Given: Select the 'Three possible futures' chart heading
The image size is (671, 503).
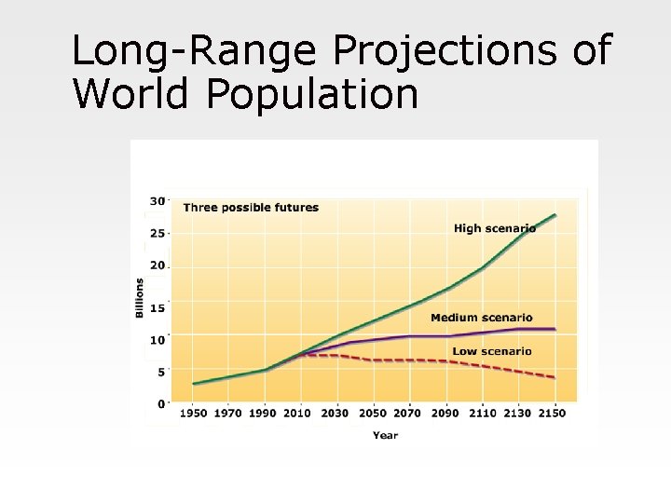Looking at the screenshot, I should point(251,208).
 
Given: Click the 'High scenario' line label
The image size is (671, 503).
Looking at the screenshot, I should point(494,228).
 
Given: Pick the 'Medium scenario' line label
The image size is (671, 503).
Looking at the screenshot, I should point(482,318).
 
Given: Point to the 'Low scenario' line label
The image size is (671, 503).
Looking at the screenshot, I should point(492,351).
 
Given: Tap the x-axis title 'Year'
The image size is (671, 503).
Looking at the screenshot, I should point(385,435).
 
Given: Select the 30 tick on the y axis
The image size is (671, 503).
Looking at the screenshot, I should point(157,200).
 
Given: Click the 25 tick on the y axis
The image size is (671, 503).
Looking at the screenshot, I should point(157,233).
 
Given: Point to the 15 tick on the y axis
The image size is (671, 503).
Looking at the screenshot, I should point(157,308).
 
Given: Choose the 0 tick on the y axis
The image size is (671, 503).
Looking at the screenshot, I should point(160,403).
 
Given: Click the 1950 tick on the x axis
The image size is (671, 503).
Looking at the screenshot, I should point(194,413).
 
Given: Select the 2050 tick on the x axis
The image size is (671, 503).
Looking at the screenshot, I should point(372,413).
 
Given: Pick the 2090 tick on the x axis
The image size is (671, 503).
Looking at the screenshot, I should point(445,413).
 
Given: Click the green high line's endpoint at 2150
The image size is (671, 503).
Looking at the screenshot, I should point(555,215).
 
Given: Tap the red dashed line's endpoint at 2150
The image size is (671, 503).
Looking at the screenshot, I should point(555,377).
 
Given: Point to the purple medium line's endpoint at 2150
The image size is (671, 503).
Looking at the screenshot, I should point(555,329).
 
